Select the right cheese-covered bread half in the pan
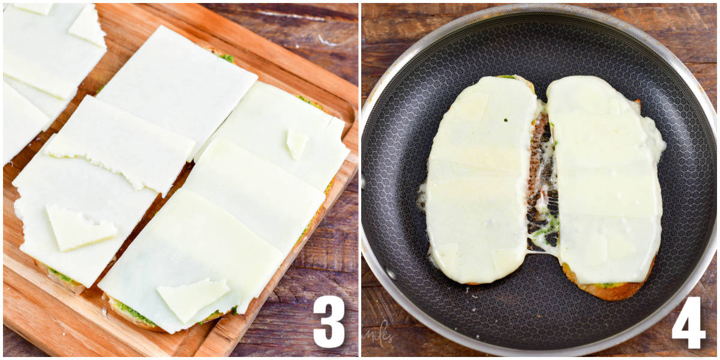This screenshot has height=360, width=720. click(x=606, y=180)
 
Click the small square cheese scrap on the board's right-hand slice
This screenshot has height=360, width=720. click(x=296, y=143)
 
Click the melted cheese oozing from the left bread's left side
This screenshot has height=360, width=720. click(x=422, y=195)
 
